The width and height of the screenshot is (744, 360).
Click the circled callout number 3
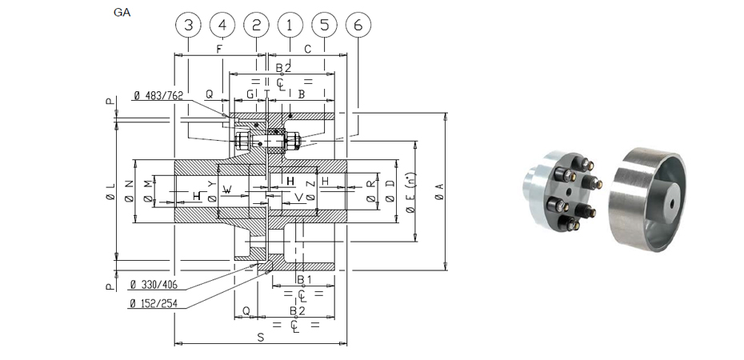pyautogui.click(x=188, y=25)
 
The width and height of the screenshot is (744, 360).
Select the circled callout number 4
pyautogui.click(x=222, y=25)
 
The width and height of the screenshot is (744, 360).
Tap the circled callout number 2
pyautogui.click(x=256, y=25)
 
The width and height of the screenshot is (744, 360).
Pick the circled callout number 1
pyautogui.click(x=290, y=25)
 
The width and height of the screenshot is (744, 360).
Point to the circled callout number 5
pyautogui.click(x=323, y=25)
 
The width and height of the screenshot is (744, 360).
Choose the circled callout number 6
pyautogui.click(x=358, y=25)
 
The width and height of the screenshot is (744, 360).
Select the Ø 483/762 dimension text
pyautogui.click(x=158, y=96)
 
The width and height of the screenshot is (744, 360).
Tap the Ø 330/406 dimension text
pyautogui.click(x=153, y=285)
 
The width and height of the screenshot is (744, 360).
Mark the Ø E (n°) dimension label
pyautogui.click(x=410, y=192)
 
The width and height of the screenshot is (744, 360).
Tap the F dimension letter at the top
pyautogui.click(x=219, y=49)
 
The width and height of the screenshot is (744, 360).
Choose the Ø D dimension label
pyautogui.click(x=390, y=190)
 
